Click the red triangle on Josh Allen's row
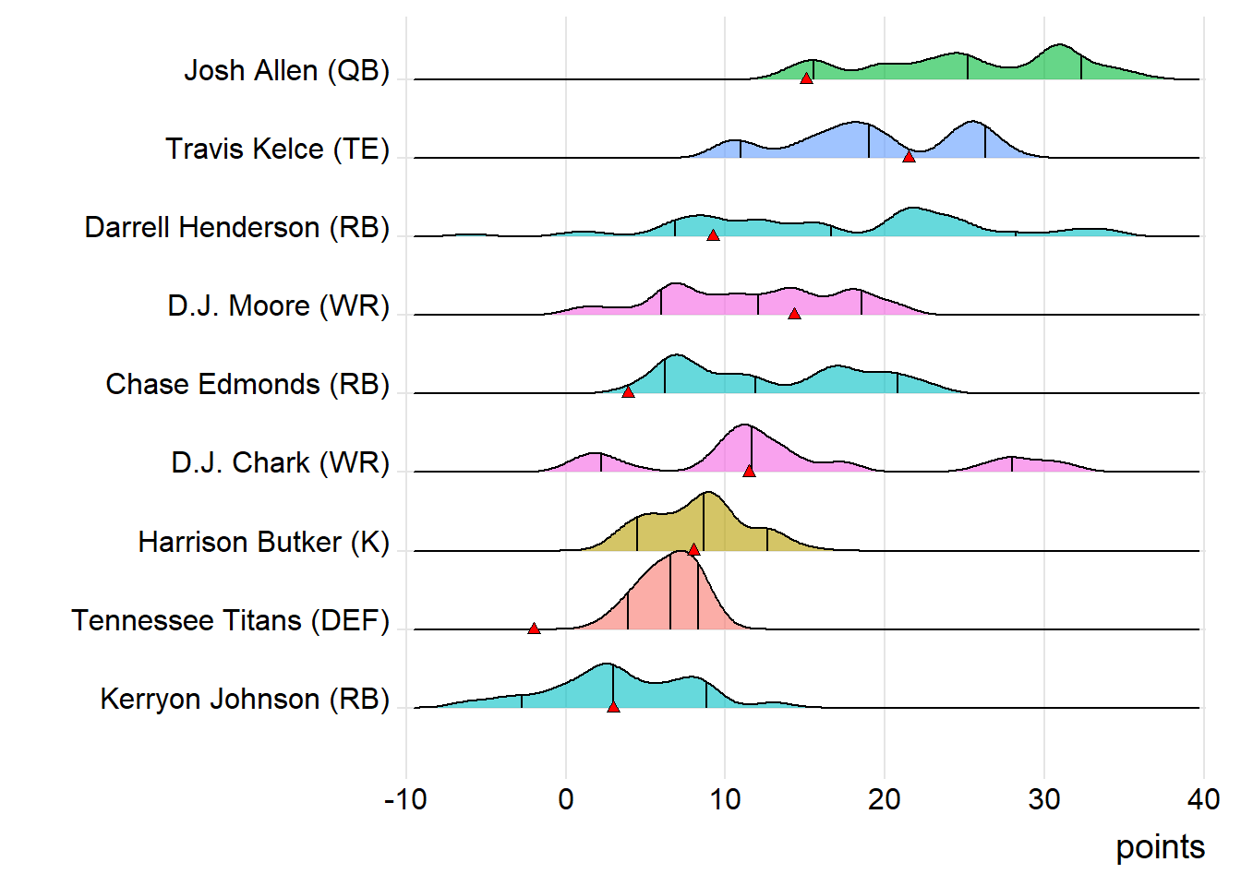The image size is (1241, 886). pos(806,78)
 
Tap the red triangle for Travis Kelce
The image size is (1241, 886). pos(909,157)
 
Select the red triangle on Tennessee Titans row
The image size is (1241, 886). pos(534,629)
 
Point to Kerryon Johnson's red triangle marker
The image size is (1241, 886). pos(613,707)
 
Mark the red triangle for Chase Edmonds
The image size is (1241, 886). pos(628,392)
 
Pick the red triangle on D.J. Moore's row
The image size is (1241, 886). pos(794,314)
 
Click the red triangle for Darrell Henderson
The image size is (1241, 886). pos(713,235)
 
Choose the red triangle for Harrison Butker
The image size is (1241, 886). pos(693,550)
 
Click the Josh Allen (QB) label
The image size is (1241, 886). pos(286,71)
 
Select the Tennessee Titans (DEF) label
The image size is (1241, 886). pos(230,621)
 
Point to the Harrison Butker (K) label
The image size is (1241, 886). pos(263,543)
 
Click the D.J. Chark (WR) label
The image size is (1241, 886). pos(280,463)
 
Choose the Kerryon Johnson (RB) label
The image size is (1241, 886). pos(245,700)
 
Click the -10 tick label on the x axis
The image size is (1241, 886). pos(405,799)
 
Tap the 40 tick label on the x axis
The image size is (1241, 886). pos(1203,799)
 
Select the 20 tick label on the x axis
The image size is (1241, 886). pos(885,799)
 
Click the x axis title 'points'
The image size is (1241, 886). pos(1160,847)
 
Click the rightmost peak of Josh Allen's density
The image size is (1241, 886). pos(1060,44)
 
